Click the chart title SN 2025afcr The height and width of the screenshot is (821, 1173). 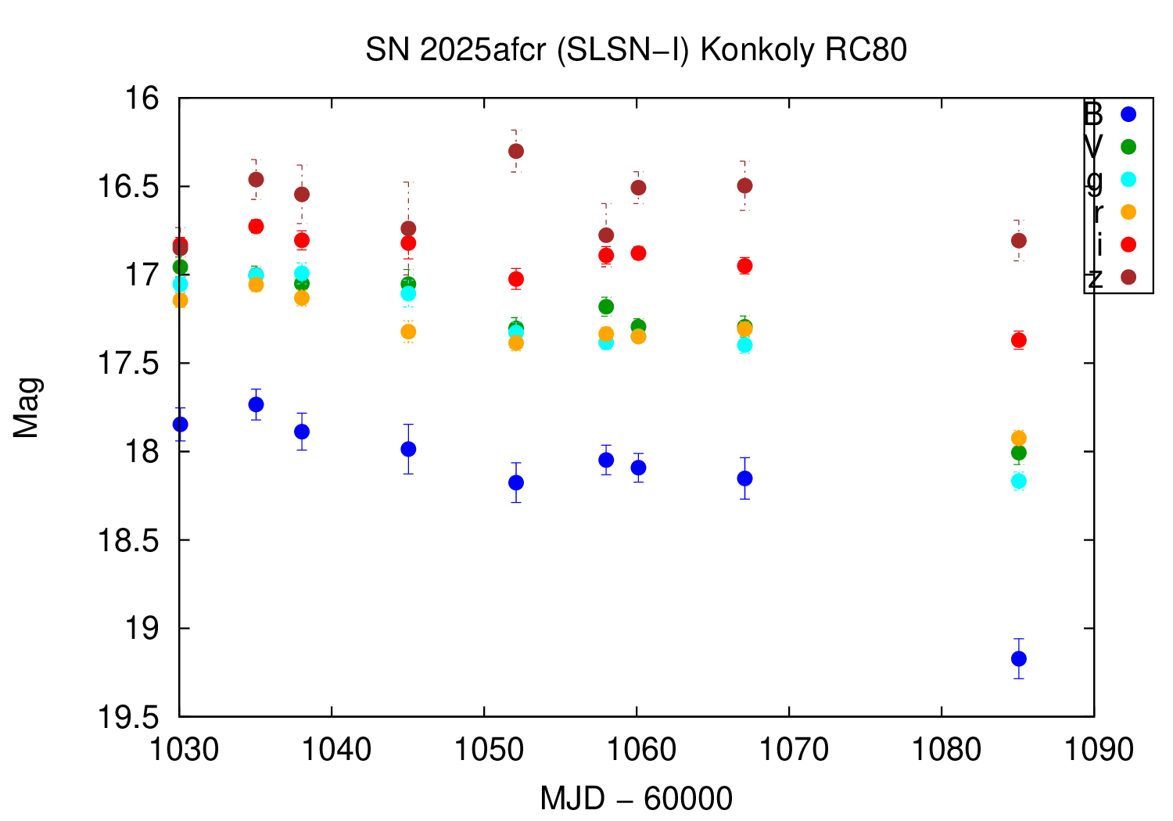pyautogui.click(x=636, y=50)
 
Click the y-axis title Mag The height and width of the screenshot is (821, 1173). pyautogui.click(x=27, y=407)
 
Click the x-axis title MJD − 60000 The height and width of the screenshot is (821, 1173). pyautogui.click(x=636, y=799)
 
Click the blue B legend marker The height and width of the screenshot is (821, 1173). pyautogui.click(x=1128, y=114)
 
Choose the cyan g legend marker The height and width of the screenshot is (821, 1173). pyautogui.click(x=1128, y=179)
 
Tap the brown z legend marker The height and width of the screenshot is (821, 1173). pyautogui.click(x=1128, y=277)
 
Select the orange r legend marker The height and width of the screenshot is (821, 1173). pyautogui.click(x=1128, y=212)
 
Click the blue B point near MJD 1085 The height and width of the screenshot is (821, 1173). pyautogui.click(x=1018, y=658)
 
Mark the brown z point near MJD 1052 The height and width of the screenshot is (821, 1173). pyautogui.click(x=515, y=151)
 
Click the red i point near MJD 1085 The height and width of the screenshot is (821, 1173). pyautogui.click(x=1018, y=340)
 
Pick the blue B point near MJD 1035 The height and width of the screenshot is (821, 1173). pyautogui.click(x=256, y=404)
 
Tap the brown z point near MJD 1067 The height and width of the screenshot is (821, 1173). pyautogui.click(x=744, y=185)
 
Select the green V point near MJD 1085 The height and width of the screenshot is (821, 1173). pyautogui.click(x=1018, y=453)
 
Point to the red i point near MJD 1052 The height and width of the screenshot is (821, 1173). pyautogui.click(x=515, y=279)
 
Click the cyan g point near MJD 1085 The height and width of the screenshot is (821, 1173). pyautogui.click(x=1018, y=481)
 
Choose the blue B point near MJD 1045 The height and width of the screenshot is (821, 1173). pyautogui.click(x=408, y=449)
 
